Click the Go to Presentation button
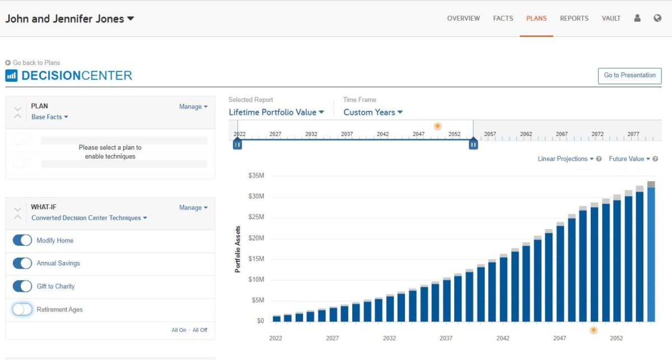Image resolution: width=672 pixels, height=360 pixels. pyautogui.click(x=629, y=76)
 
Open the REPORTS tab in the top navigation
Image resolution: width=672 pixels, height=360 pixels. pyautogui.click(x=574, y=18)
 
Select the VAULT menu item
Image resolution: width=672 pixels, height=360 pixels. pyautogui.click(x=611, y=18)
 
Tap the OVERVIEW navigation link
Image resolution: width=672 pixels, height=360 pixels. pyautogui.click(x=463, y=18)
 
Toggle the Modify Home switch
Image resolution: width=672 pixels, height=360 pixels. pyautogui.click(x=22, y=240)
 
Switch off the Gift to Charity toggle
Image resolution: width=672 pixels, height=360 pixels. pyautogui.click(x=22, y=286)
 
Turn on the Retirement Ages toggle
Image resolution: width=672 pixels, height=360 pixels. pyautogui.click(x=22, y=309)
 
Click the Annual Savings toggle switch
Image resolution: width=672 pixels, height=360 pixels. pyautogui.click(x=22, y=263)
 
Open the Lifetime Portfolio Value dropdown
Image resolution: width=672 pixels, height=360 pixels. pyautogui.click(x=276, y=112)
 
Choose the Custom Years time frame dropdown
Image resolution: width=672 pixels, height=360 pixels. pyautogui.click(x=373, y=112)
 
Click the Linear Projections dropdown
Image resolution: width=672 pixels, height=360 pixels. pyautogui.click(x=565, y=159)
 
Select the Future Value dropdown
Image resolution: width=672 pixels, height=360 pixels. pyautogui.click(x=629, y=159)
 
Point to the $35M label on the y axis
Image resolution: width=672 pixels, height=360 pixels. pyautogui.click(x=256, y=176)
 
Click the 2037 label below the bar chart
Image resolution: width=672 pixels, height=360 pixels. pyautogui.click(x=446, y=338)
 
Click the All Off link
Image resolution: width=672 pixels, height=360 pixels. pyautogui.click(x=200, y=330)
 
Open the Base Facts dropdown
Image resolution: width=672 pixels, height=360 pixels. pyautogui.click(x=49, y=117)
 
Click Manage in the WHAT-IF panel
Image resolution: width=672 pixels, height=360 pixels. pyautogui.click(x=193, y=208)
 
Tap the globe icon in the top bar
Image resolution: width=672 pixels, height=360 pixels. pyautogui.click(x=657, y=18)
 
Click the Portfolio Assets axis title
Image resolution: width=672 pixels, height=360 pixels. pyautogui.click(x=237, y=249)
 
